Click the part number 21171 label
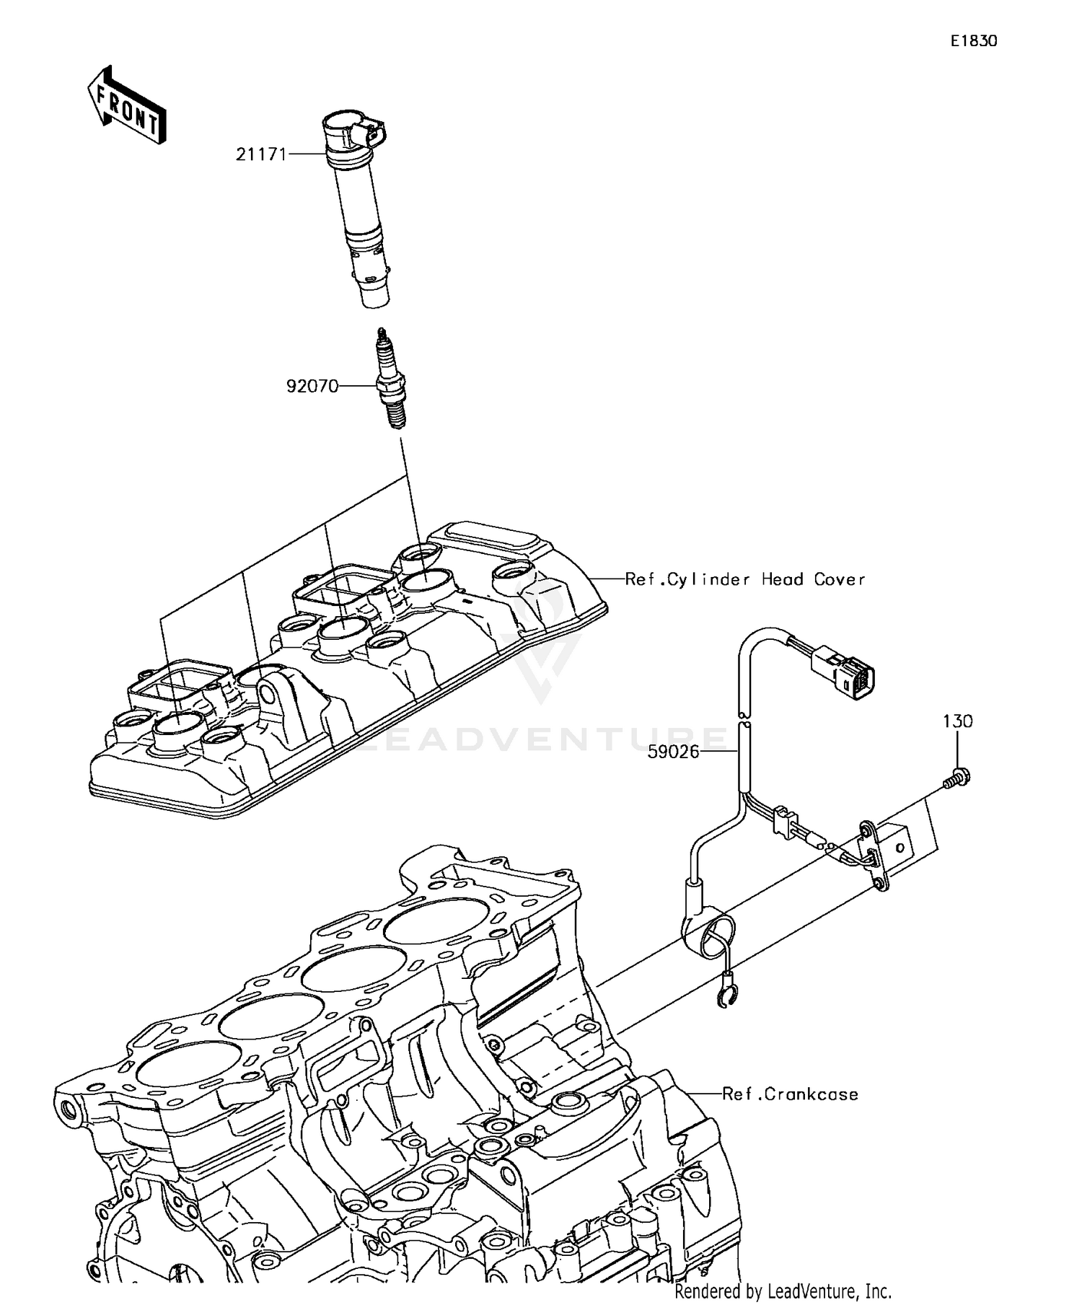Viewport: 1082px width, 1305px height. tap(261, 154)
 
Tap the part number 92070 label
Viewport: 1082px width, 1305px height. tap(312, 386)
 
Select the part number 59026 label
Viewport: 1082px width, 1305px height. tap(673, 752)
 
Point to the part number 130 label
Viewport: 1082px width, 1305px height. tap(957, 721)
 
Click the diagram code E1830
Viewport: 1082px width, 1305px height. tap(973, 42)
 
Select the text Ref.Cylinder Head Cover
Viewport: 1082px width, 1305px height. tap(744, 579)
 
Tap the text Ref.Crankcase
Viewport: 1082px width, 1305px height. tap(790, 1094)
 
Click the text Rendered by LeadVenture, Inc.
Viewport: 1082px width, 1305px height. tap(783, 1291)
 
